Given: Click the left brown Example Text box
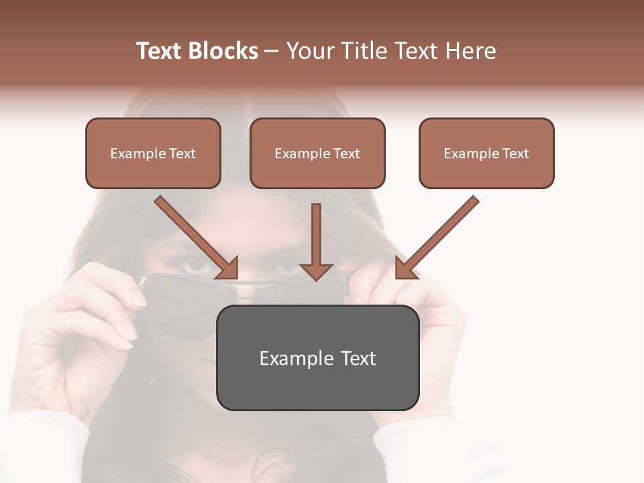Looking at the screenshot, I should pyautogui.click(x=153, y=153).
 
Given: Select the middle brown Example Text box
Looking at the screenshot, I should pyautogui.click(x=317, y=153).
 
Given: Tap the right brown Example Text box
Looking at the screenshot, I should pyautogui.click(x=486, y=153).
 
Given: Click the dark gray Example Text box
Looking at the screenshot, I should pyautogui.click(x=317, y=358).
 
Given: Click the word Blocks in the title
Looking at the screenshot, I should pyautogui.click(x=223, y=51).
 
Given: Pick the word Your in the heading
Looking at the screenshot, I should pyautogui.click(x=311, y=51).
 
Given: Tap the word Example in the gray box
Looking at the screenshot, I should pyautogui.click(x=292, y=358).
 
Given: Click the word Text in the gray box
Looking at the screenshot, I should pyautogui.click(x=359, y=358).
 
